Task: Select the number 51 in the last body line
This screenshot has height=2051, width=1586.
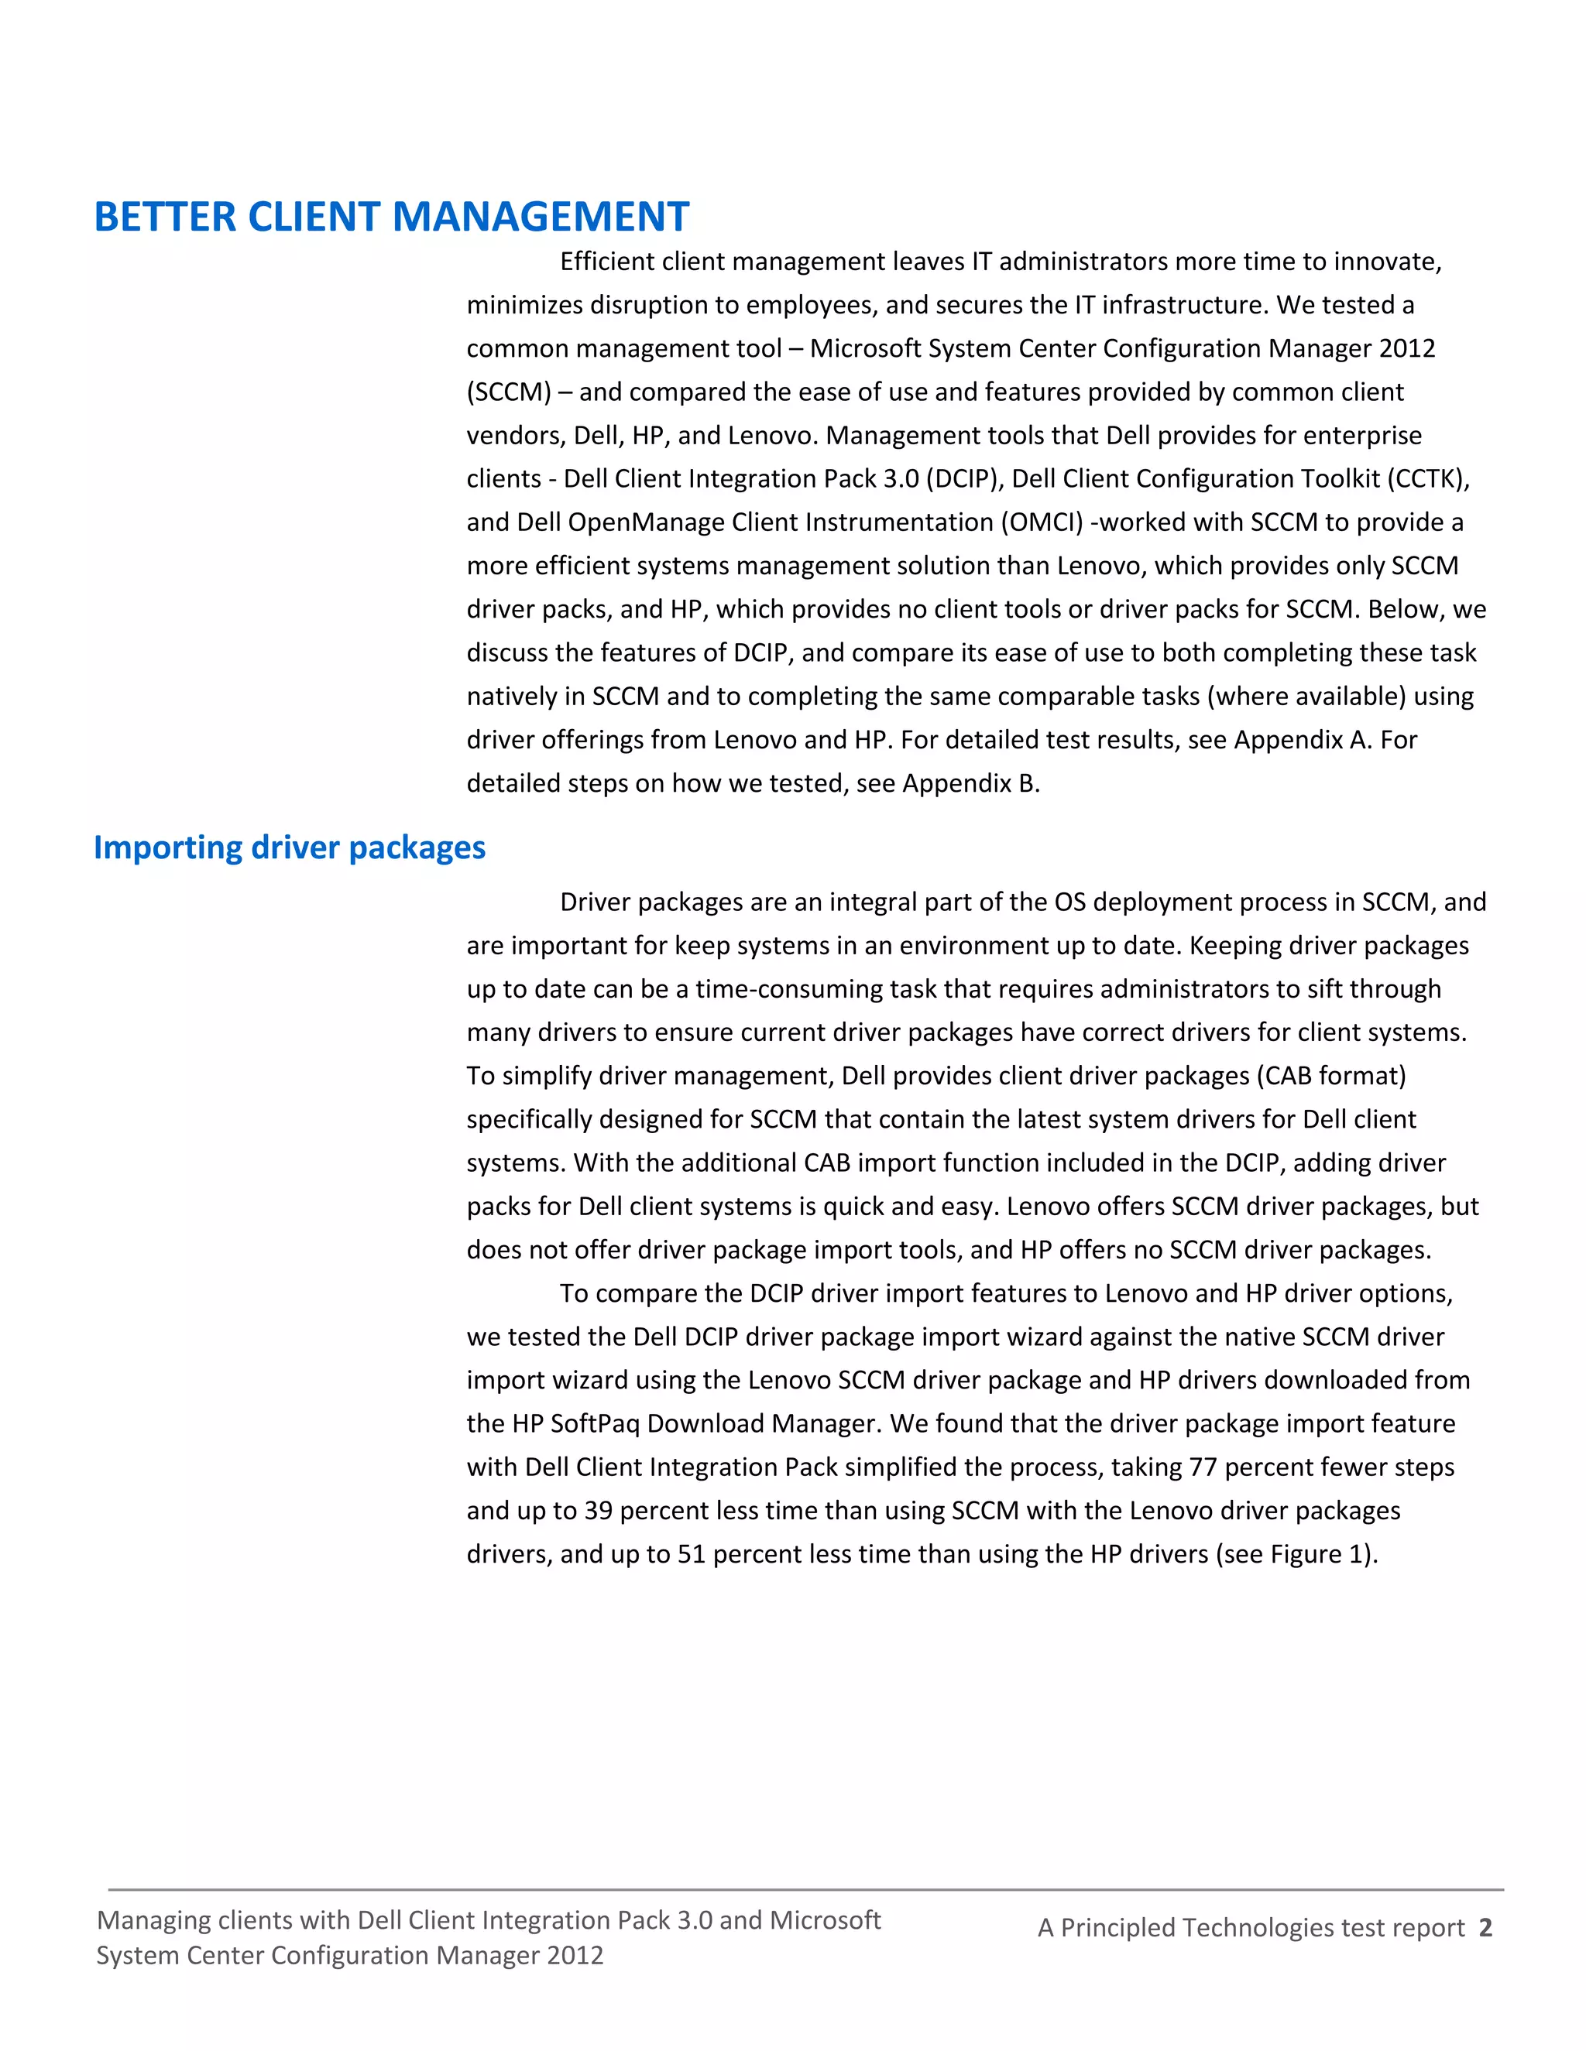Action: [691, 1553]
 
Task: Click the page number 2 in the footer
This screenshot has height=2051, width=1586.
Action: [1485, 1927]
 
